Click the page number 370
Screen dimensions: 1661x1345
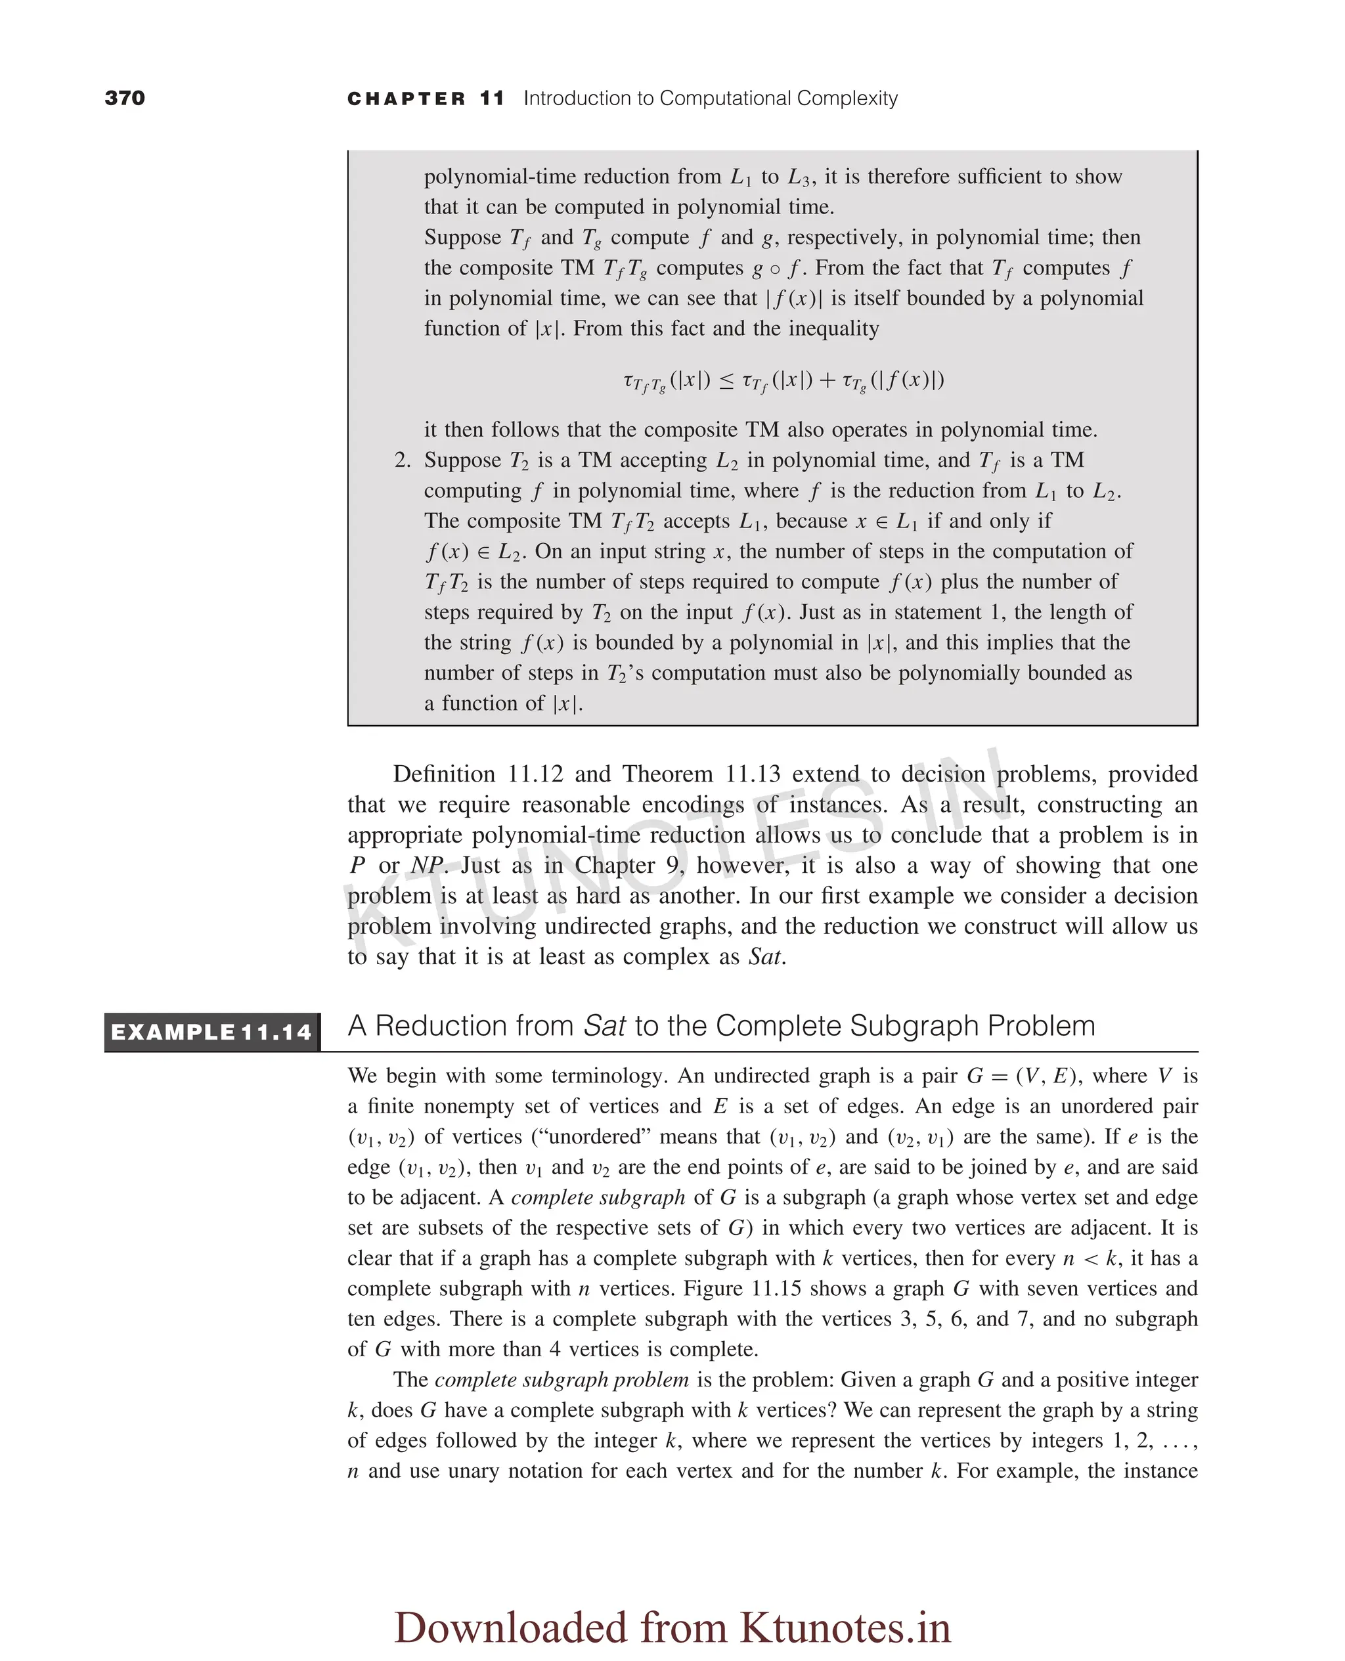(x=125, y=98)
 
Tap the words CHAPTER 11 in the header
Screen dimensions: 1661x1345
(x=426, y=99)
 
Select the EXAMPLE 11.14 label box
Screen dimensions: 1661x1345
(x=211, y=1032)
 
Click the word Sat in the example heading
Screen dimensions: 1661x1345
(x=604, y=1026)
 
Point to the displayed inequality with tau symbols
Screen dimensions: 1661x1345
(x=783, y=381)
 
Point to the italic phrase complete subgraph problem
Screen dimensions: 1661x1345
(x=562, y=1380)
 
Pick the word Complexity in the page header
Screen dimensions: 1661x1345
(x=847, y=99)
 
